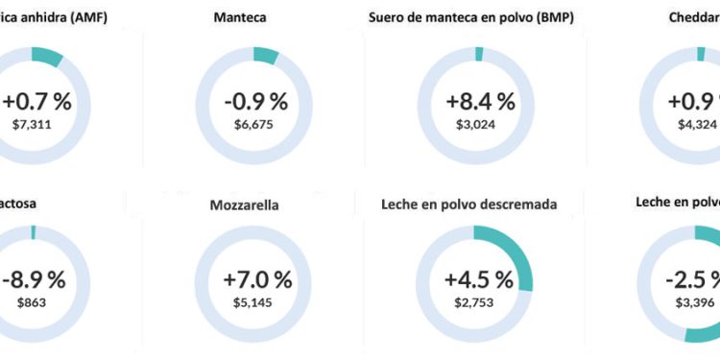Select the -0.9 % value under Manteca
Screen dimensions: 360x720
click(x=256, y=101)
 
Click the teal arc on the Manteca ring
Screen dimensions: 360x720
click(x=266, y=56)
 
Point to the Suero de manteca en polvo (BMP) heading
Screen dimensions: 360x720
click(x=471, y=18)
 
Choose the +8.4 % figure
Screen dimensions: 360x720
click(x=480, y=101)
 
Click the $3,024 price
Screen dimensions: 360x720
click(x=480, y=123)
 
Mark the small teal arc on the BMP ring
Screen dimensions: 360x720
click(x=479, y=54)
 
